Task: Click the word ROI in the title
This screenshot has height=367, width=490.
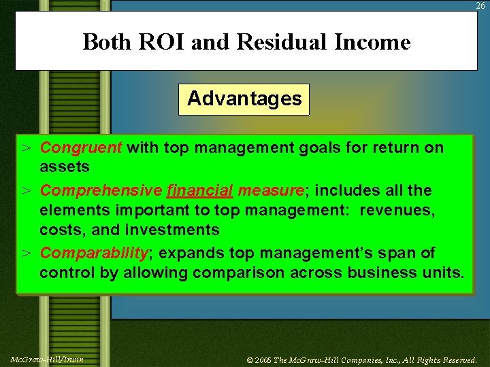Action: (159, 43)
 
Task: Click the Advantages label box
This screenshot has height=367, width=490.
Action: (244, 99)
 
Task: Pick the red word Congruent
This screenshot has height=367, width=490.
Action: (81, 147)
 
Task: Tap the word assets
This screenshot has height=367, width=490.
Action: (65, 167)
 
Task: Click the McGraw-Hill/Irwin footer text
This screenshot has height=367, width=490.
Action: (47, 359)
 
